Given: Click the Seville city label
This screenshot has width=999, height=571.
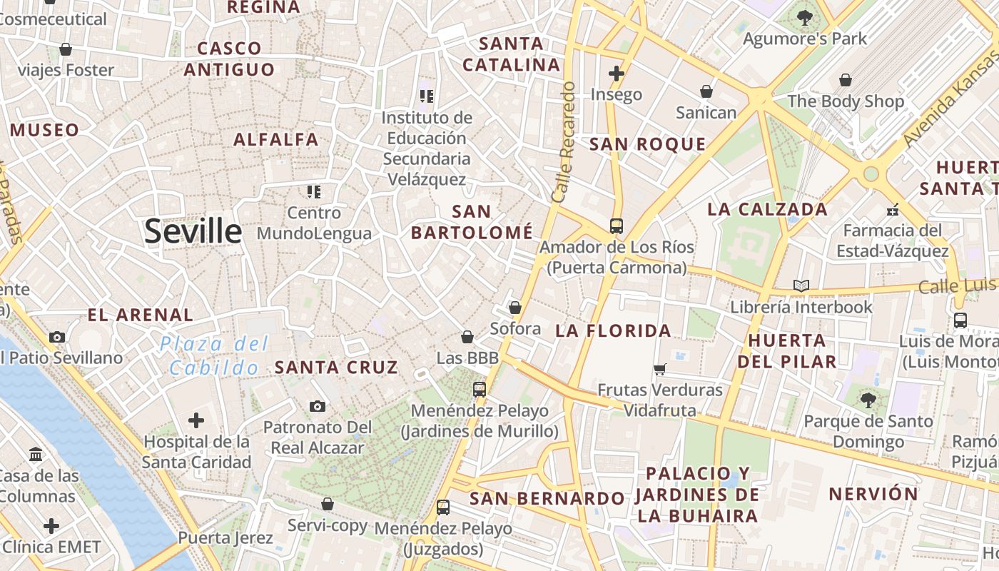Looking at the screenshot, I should pos(193,232).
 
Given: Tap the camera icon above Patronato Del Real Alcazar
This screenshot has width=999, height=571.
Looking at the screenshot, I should pos(318,406).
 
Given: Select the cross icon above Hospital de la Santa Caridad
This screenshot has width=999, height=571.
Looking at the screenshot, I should pos(196,420).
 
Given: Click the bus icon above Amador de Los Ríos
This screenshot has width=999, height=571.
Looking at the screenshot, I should pos(617,226).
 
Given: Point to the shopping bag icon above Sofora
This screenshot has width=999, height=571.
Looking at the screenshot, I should pos(515,308).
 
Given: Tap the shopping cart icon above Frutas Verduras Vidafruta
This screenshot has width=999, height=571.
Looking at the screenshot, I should pos(660,369).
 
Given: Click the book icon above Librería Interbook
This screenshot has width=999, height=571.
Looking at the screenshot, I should pos(801,285).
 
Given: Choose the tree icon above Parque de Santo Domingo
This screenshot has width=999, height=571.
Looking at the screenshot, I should pos(868,400).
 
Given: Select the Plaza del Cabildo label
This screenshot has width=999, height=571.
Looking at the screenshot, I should pos(214,355).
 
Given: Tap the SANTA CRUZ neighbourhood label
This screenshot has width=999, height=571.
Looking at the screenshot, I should pos(336,368).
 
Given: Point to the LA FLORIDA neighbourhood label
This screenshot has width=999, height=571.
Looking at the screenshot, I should pos(613,330).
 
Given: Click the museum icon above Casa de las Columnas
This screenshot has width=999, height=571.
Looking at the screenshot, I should pos(36,454).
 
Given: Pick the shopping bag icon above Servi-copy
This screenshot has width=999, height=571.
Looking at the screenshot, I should pos(328,504).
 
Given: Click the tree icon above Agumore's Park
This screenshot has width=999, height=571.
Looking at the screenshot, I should pos(805,17).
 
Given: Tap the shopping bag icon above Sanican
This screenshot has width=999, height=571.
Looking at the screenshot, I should pos(706,91).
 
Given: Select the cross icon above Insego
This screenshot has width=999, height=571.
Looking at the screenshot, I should pos(617,73).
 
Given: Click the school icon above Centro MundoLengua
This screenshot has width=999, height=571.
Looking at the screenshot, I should pos(314,191).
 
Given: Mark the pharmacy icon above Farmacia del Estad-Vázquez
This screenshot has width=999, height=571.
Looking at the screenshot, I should pos(892,210).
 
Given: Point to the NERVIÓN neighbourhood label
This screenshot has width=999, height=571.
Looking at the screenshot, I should pos(873,494).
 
